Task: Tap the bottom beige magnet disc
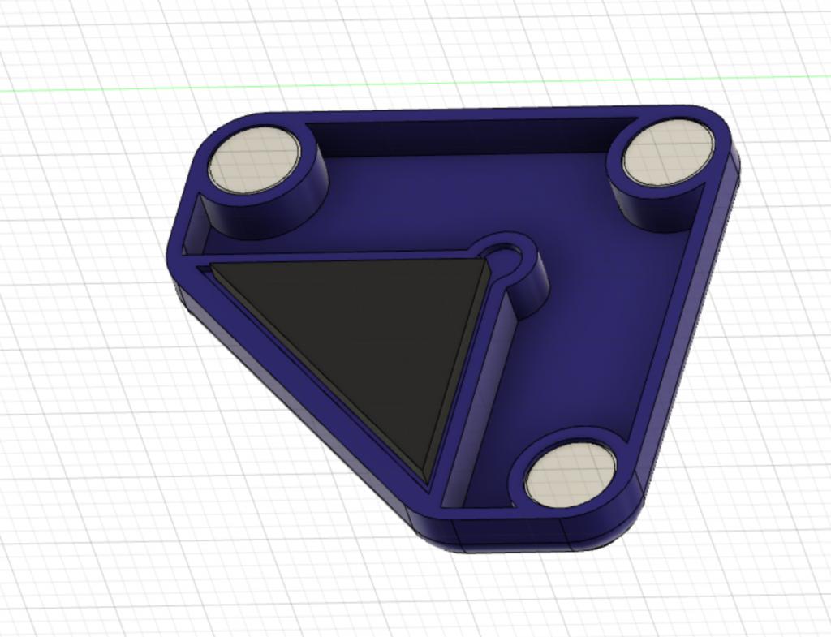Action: (x=571, y=475)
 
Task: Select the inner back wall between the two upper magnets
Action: (x=463, y=136)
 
